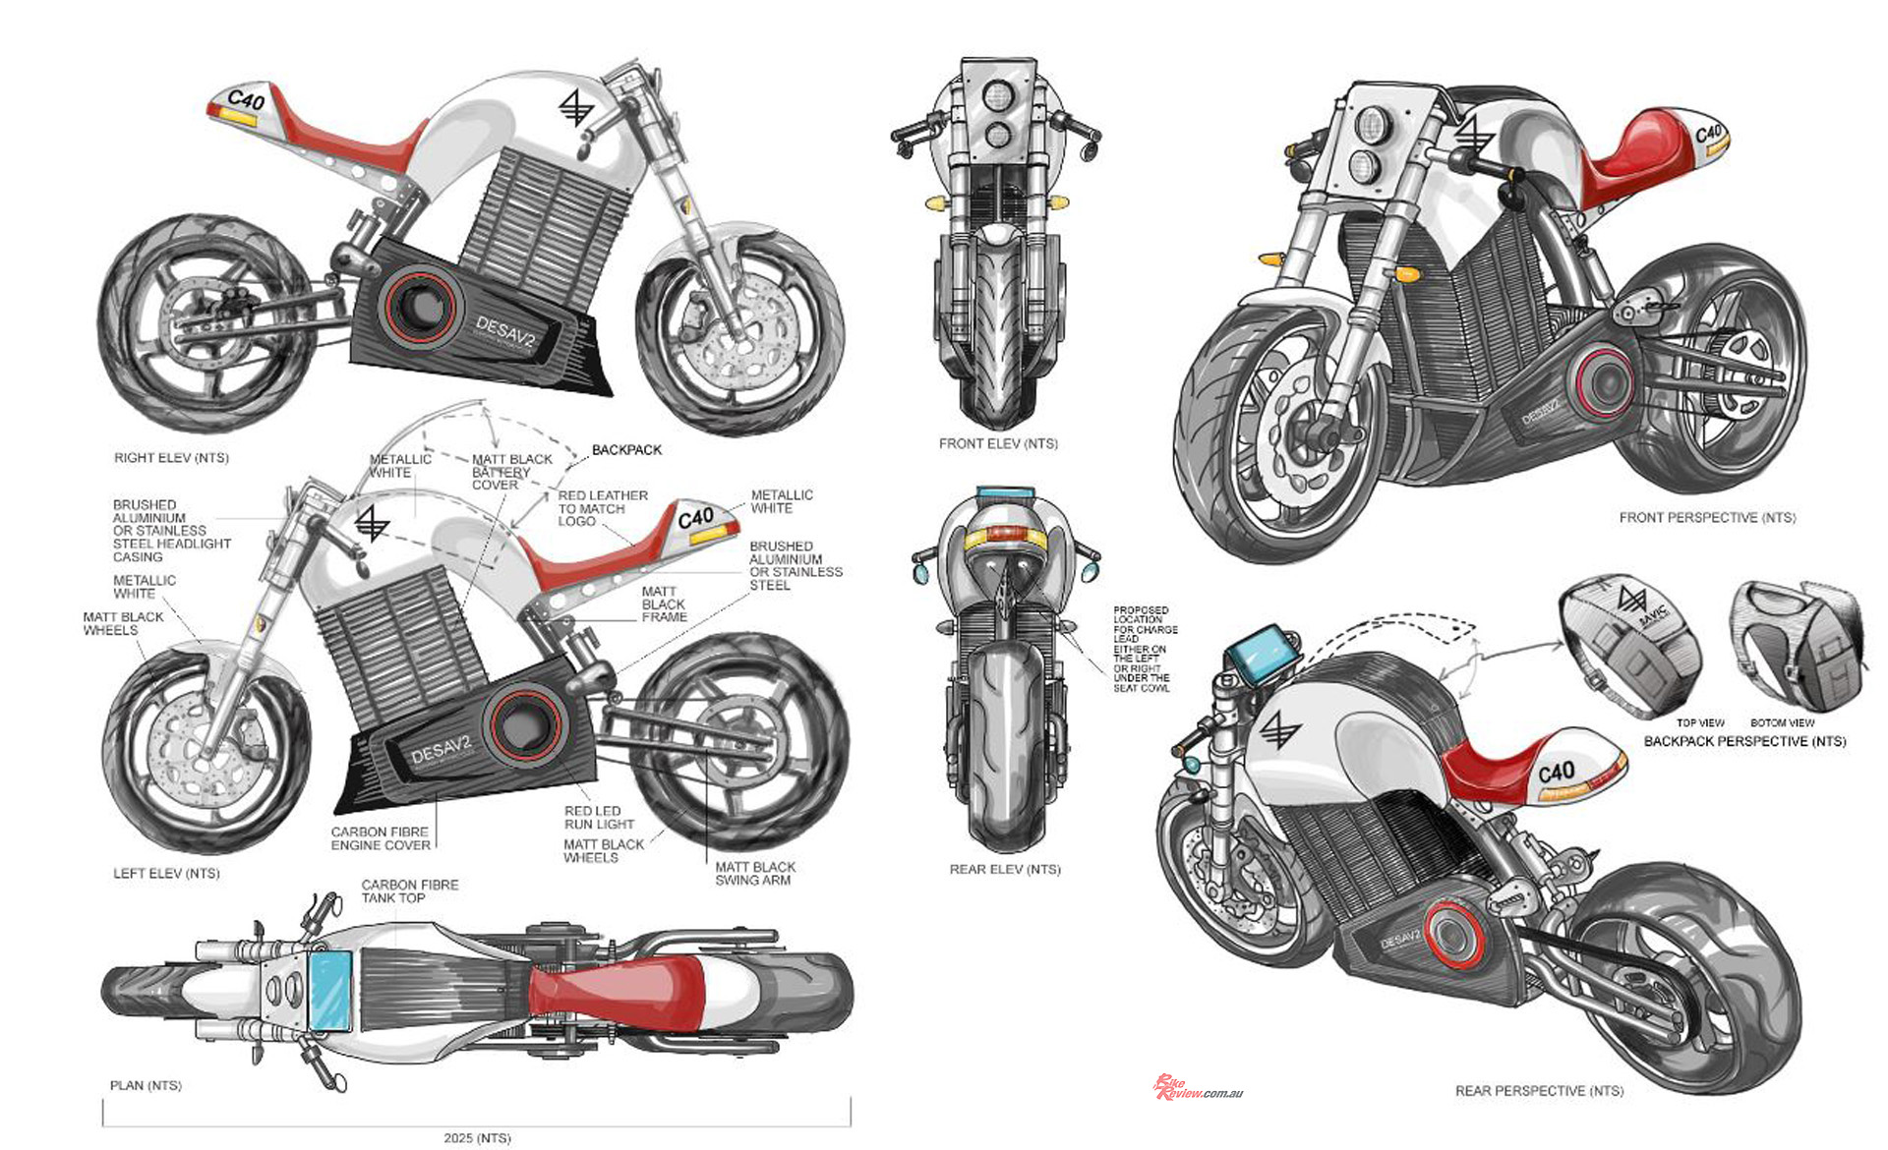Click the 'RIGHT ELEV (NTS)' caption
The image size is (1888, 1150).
coord(171,458)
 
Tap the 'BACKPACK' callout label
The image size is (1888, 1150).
coord(626,450)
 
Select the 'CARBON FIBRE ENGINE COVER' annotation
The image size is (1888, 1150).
coord(381,838)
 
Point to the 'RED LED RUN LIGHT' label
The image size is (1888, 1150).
coord(599,818)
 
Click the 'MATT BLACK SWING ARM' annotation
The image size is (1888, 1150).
coord(754,874)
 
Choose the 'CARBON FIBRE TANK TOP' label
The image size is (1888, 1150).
coord(409,891)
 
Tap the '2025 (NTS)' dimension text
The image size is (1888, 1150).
coord(477,1138)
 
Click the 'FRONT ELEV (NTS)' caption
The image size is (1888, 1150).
coord(998,444)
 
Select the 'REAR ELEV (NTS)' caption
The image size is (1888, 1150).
coord(1005,870)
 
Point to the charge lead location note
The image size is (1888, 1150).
coord(1144,649)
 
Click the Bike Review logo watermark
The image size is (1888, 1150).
coord(1198,1088)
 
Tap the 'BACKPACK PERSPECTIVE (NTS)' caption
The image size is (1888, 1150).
coord(1744,741)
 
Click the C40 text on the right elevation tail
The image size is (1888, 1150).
coord(246,100)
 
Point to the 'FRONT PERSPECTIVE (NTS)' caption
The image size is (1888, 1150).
coord(1707,518)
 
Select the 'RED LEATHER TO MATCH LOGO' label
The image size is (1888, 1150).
coord(602,508)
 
